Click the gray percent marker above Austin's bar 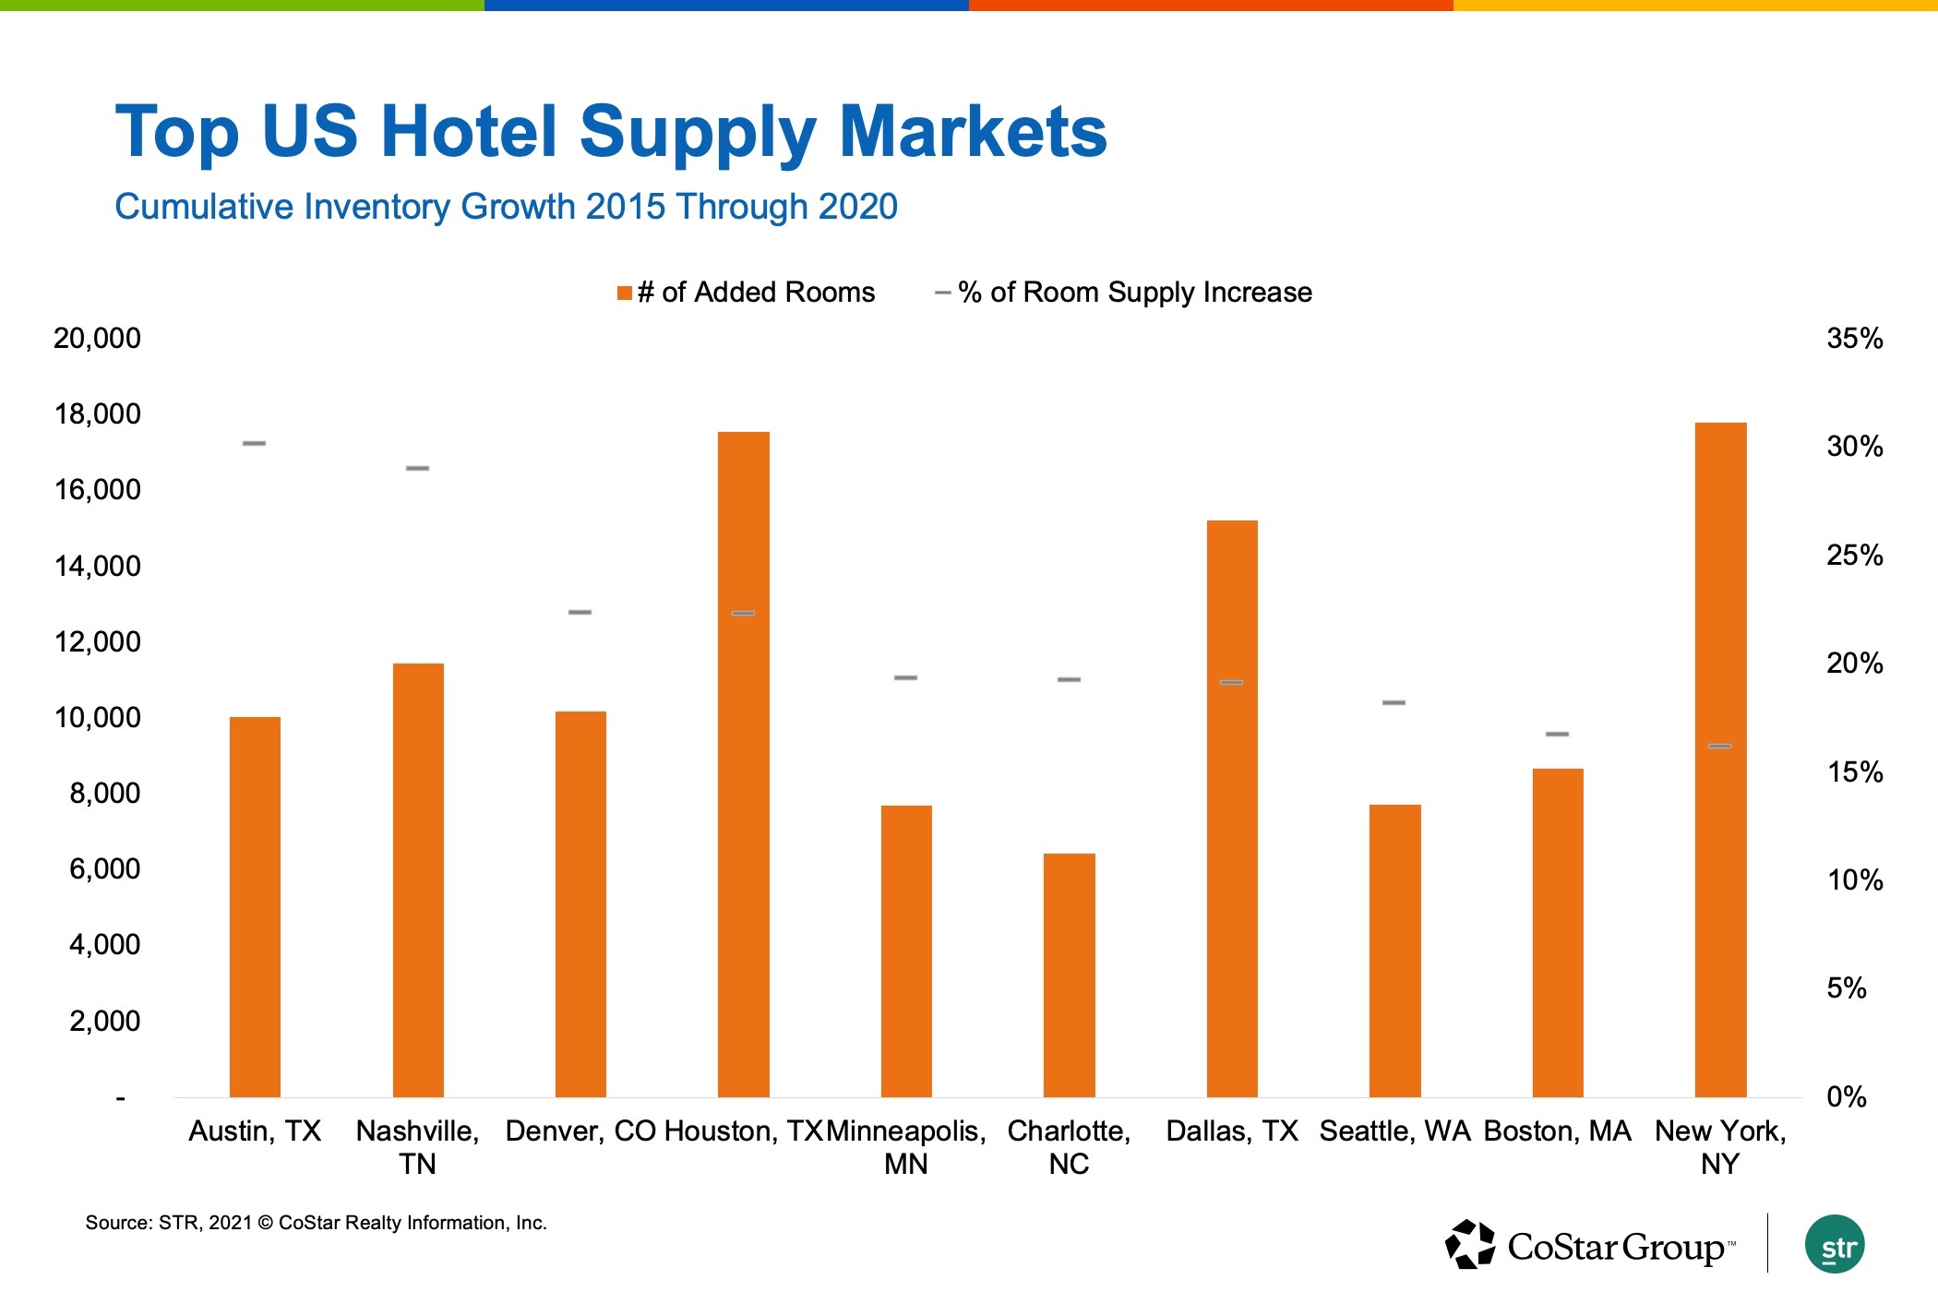click(x=254, y=444)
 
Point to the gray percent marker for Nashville click(x=417, y=469)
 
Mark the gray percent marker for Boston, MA click(x=1557, y=735)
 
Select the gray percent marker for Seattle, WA click(x=1394, y=703)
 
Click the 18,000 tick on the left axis click(x=98, y=414)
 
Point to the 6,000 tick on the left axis click(x=104, y=869)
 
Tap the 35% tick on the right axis click(x=1854, y=339)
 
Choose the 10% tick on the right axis click(x=1854, y=880)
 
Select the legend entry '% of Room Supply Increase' click(x=1124, y=293)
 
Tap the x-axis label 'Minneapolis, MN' click(x=905, y=1147)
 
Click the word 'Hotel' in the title click(x=469, y=131)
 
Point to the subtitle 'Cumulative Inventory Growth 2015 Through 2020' click(x=506, y=207)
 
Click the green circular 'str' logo click(x=1835, y=1245)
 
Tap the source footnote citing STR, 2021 click(x=316, y=1224)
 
